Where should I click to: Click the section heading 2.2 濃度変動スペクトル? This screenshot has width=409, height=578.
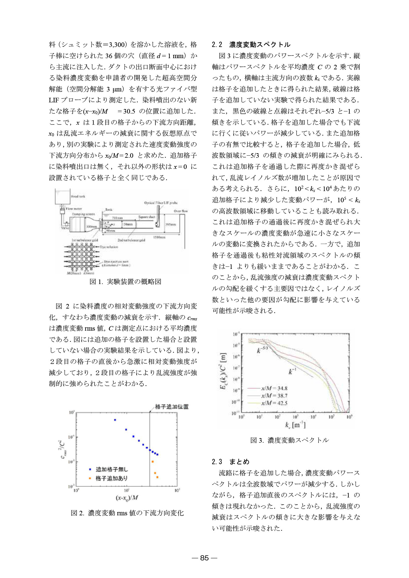(251, 45)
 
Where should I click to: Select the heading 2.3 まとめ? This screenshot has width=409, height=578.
(231, 462)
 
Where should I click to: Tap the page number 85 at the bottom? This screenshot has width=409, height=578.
(205, 558)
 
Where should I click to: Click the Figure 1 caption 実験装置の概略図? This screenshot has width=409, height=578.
(125, 282)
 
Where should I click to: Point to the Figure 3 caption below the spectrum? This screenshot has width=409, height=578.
(289, 440)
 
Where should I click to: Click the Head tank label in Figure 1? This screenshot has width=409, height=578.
(78, 197)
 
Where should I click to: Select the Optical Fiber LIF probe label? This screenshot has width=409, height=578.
(161, 203)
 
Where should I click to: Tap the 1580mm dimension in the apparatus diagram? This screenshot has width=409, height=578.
(159, 237)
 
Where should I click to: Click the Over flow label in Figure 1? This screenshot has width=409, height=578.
(181, 211)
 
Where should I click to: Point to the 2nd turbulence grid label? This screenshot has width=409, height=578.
(131, 240)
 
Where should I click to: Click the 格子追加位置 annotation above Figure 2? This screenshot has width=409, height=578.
(171, 407)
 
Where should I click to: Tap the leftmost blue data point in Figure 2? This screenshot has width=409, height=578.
(115, 420)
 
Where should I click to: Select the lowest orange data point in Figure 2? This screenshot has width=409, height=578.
(157, 477)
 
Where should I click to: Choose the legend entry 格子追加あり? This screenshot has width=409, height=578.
(111, 478)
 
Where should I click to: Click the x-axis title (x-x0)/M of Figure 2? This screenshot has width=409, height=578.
(127, 498)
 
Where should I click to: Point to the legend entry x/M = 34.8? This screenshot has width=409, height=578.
(274, 388)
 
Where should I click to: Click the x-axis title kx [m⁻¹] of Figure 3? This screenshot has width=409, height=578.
(295, 425)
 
